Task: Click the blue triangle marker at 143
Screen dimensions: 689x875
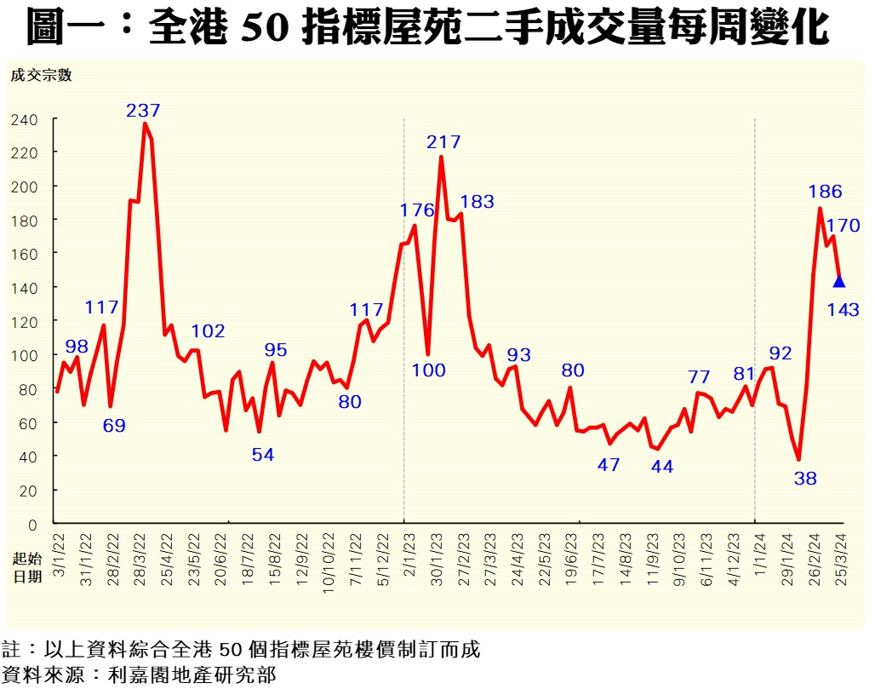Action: coord(839,282)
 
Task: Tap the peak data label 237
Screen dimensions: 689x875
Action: coord(143,110)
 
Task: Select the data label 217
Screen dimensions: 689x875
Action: coord(443,142)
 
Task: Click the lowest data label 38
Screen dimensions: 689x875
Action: coord(805,479)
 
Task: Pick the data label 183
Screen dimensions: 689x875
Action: coord(477,202)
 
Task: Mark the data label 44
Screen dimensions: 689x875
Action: coord(661,466)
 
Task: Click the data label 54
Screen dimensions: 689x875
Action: coord(263,455)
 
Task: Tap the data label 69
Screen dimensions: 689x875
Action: coord(114,425)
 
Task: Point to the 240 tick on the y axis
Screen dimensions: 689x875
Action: coord(26,119)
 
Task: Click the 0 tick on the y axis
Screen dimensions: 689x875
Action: coord(33,524)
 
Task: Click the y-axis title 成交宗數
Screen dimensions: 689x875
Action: coord(41,75)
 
